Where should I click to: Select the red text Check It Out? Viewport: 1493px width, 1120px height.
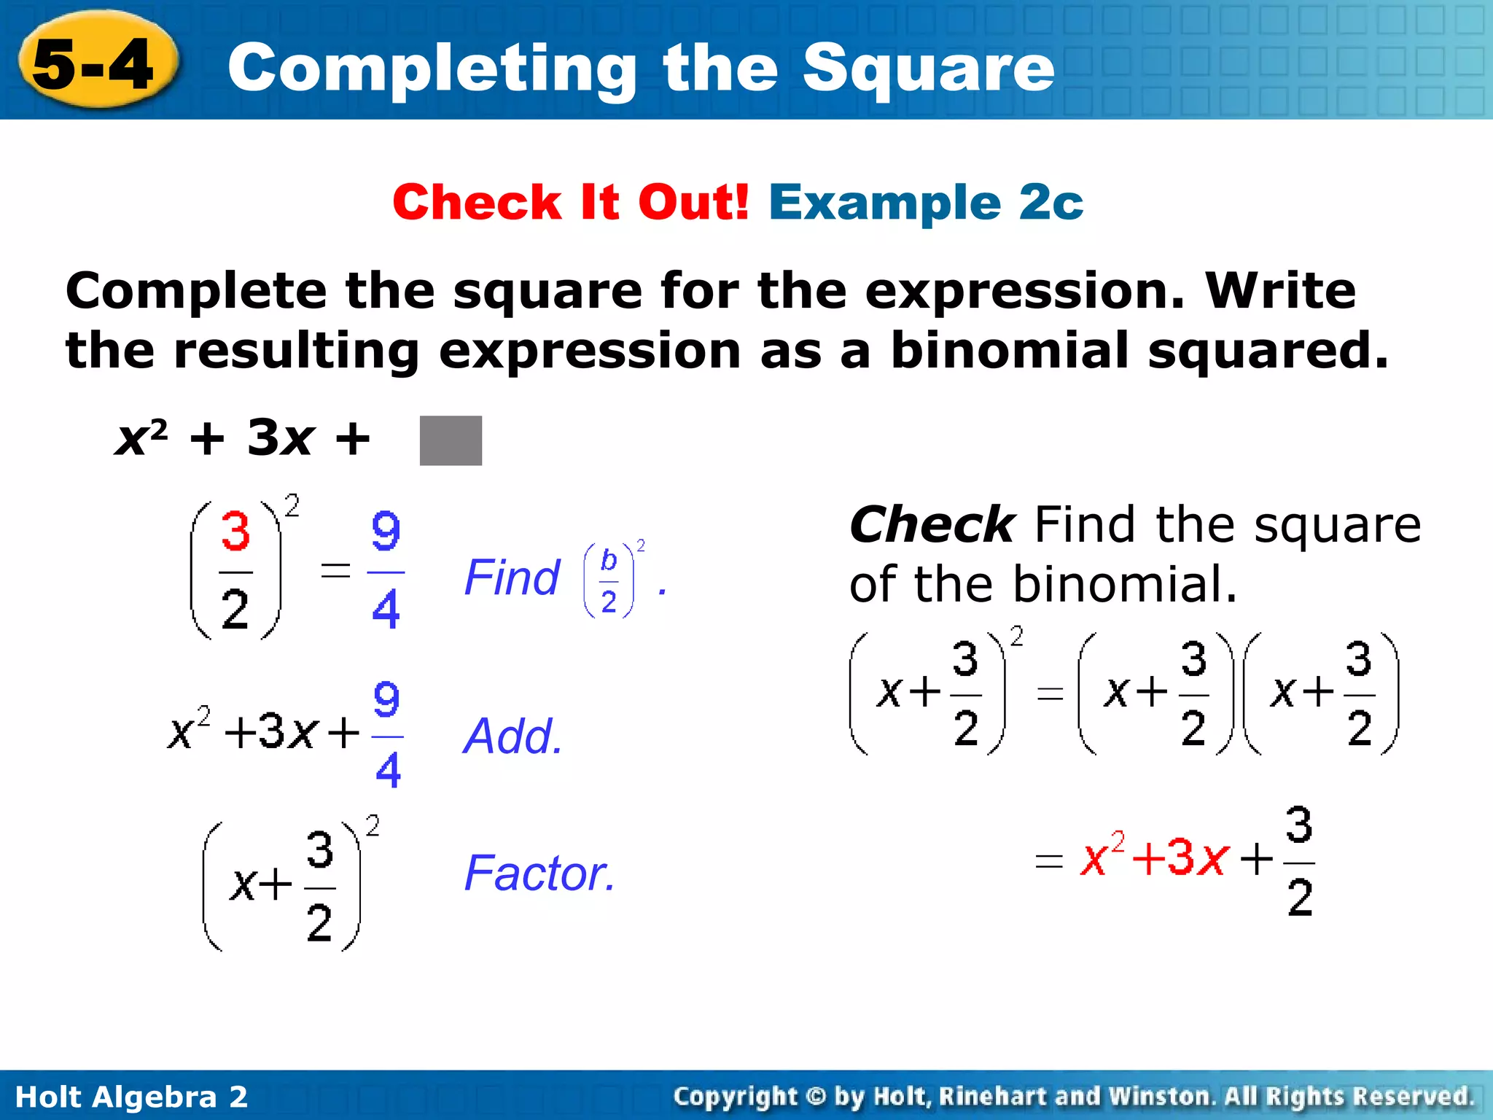pyautogui.click(x=571, y=202)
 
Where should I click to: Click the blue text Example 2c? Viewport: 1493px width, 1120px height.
pyautogui.click(x=926, y=202)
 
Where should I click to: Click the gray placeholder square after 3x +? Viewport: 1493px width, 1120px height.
pyautogui.click(x=451, y=440)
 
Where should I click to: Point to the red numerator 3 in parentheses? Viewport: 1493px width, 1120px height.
pyautogui.click(x=235, y=532)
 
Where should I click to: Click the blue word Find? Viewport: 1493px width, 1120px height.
pyautogui.click(x=512, y=578)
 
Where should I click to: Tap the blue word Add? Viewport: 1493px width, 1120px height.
pyautogui.click(x=513, y=736)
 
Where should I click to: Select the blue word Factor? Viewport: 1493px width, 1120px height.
pyautogui.click(x=540, y=874)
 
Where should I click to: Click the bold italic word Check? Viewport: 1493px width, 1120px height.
pyautogui.click(x=932, y=525)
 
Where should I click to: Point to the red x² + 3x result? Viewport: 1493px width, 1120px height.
pyautogui.click(x=1155, y=857)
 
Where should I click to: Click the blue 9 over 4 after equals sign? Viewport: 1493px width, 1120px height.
pyautogui.click(x=386, y=570)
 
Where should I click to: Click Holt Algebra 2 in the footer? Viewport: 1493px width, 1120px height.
pyautogui.click(x=131, y=1097)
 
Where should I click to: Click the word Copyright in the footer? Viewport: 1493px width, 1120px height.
pyautogui.click(x=736, y=1097)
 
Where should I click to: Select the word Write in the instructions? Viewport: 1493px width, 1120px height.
pyautogui.click(x=1280, y=291)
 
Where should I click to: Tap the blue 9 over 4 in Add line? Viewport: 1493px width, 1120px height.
pyautogui.click(x=387, y=735)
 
